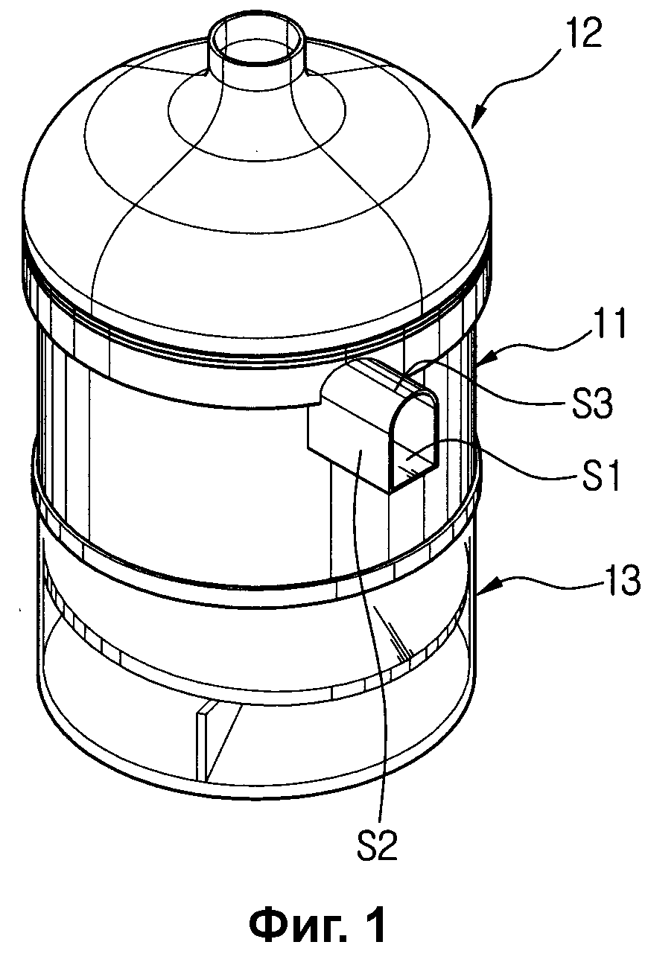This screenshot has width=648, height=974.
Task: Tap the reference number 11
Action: pyautogui.click(x=606, y=323)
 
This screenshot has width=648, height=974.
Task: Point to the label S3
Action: pyautogui.click(x=591, y=404)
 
